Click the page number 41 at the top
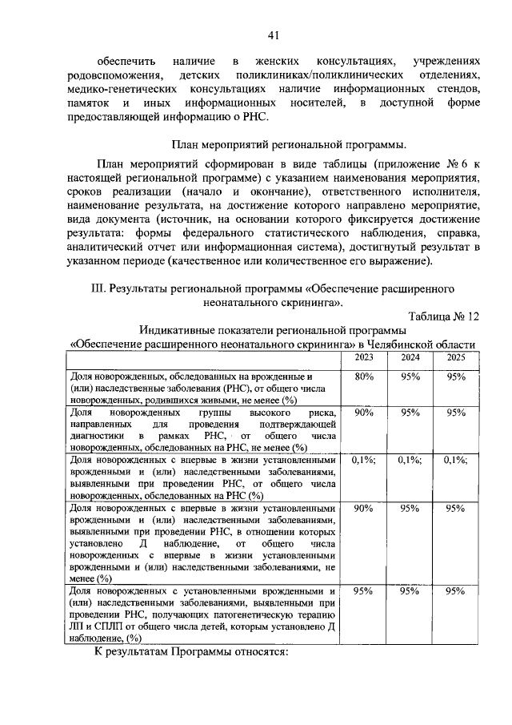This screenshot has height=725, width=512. [x=273, y=34]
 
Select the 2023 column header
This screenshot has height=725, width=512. [x=364, y=357]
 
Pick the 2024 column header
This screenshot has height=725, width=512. [x=410, y=357]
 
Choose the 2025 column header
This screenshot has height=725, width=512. [x=456, y=357]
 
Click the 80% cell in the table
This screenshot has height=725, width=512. [x=364, y=377]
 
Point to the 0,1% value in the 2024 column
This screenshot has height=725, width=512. [x=410, y=460]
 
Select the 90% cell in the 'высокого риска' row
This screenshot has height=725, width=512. [x=364, y=412]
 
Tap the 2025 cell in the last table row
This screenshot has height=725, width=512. [x=456, y=590]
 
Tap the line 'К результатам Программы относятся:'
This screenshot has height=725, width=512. [x=190, y=653]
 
